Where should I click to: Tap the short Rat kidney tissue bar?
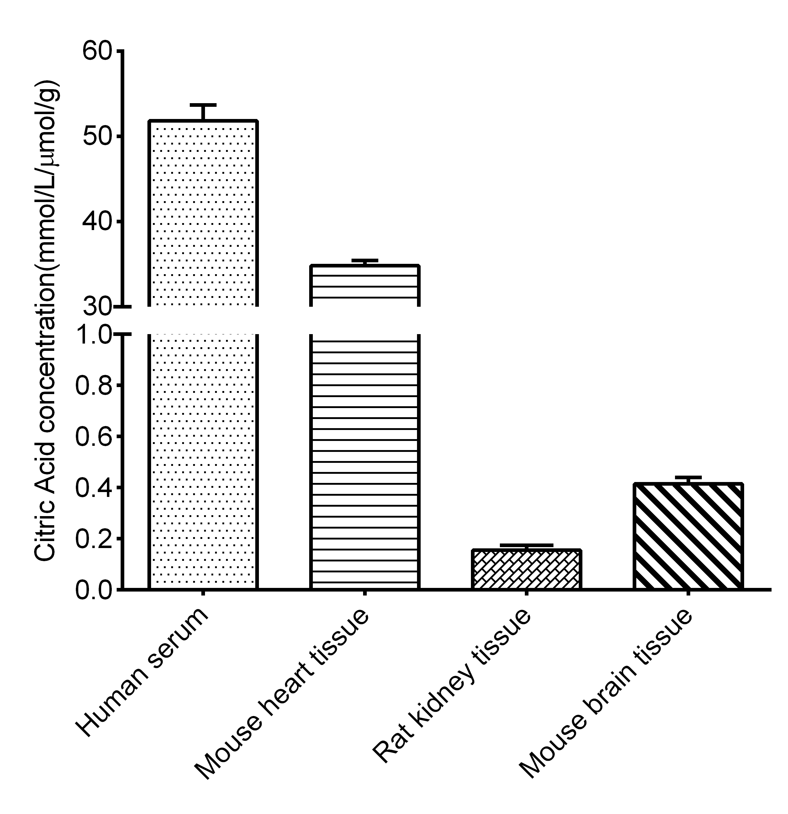pos(526,569)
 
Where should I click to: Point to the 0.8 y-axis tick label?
pos(94,386)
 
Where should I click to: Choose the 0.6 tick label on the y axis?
pos(94,436)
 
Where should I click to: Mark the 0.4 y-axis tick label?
pos(94,487)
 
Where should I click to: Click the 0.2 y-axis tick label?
pos(94,539)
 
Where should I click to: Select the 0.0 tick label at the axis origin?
pos(94,590)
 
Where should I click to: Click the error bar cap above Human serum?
pos(203,105)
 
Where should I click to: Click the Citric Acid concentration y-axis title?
pos(47,320)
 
